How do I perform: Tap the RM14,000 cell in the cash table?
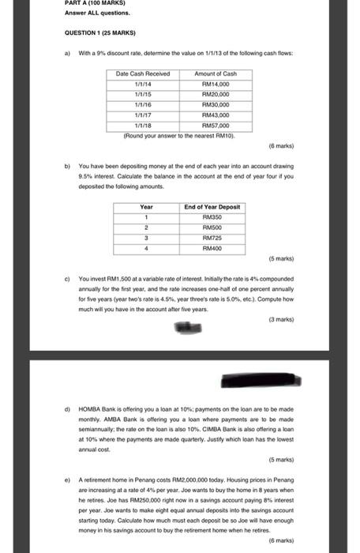pyautogui.click(x=215, y=83)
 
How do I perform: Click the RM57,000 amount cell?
pyautogui.click(x=215, y=124)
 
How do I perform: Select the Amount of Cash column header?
pyautogui.click(x=215, y=73)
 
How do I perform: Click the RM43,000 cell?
pyautogui.click(x=215, y=114)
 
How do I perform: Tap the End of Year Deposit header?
pyautogui.click(x=212, y=206)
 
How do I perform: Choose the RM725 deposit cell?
pyautogui.click(x=212, y=238)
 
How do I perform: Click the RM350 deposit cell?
pyautogui.click(x=212, y=216)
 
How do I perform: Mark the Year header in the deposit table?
pyautogui.click(x=146, y=206)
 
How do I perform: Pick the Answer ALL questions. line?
pyautogui.click(x=87, y=13)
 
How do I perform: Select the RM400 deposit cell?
pyautogui.click(x=212, y=248)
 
